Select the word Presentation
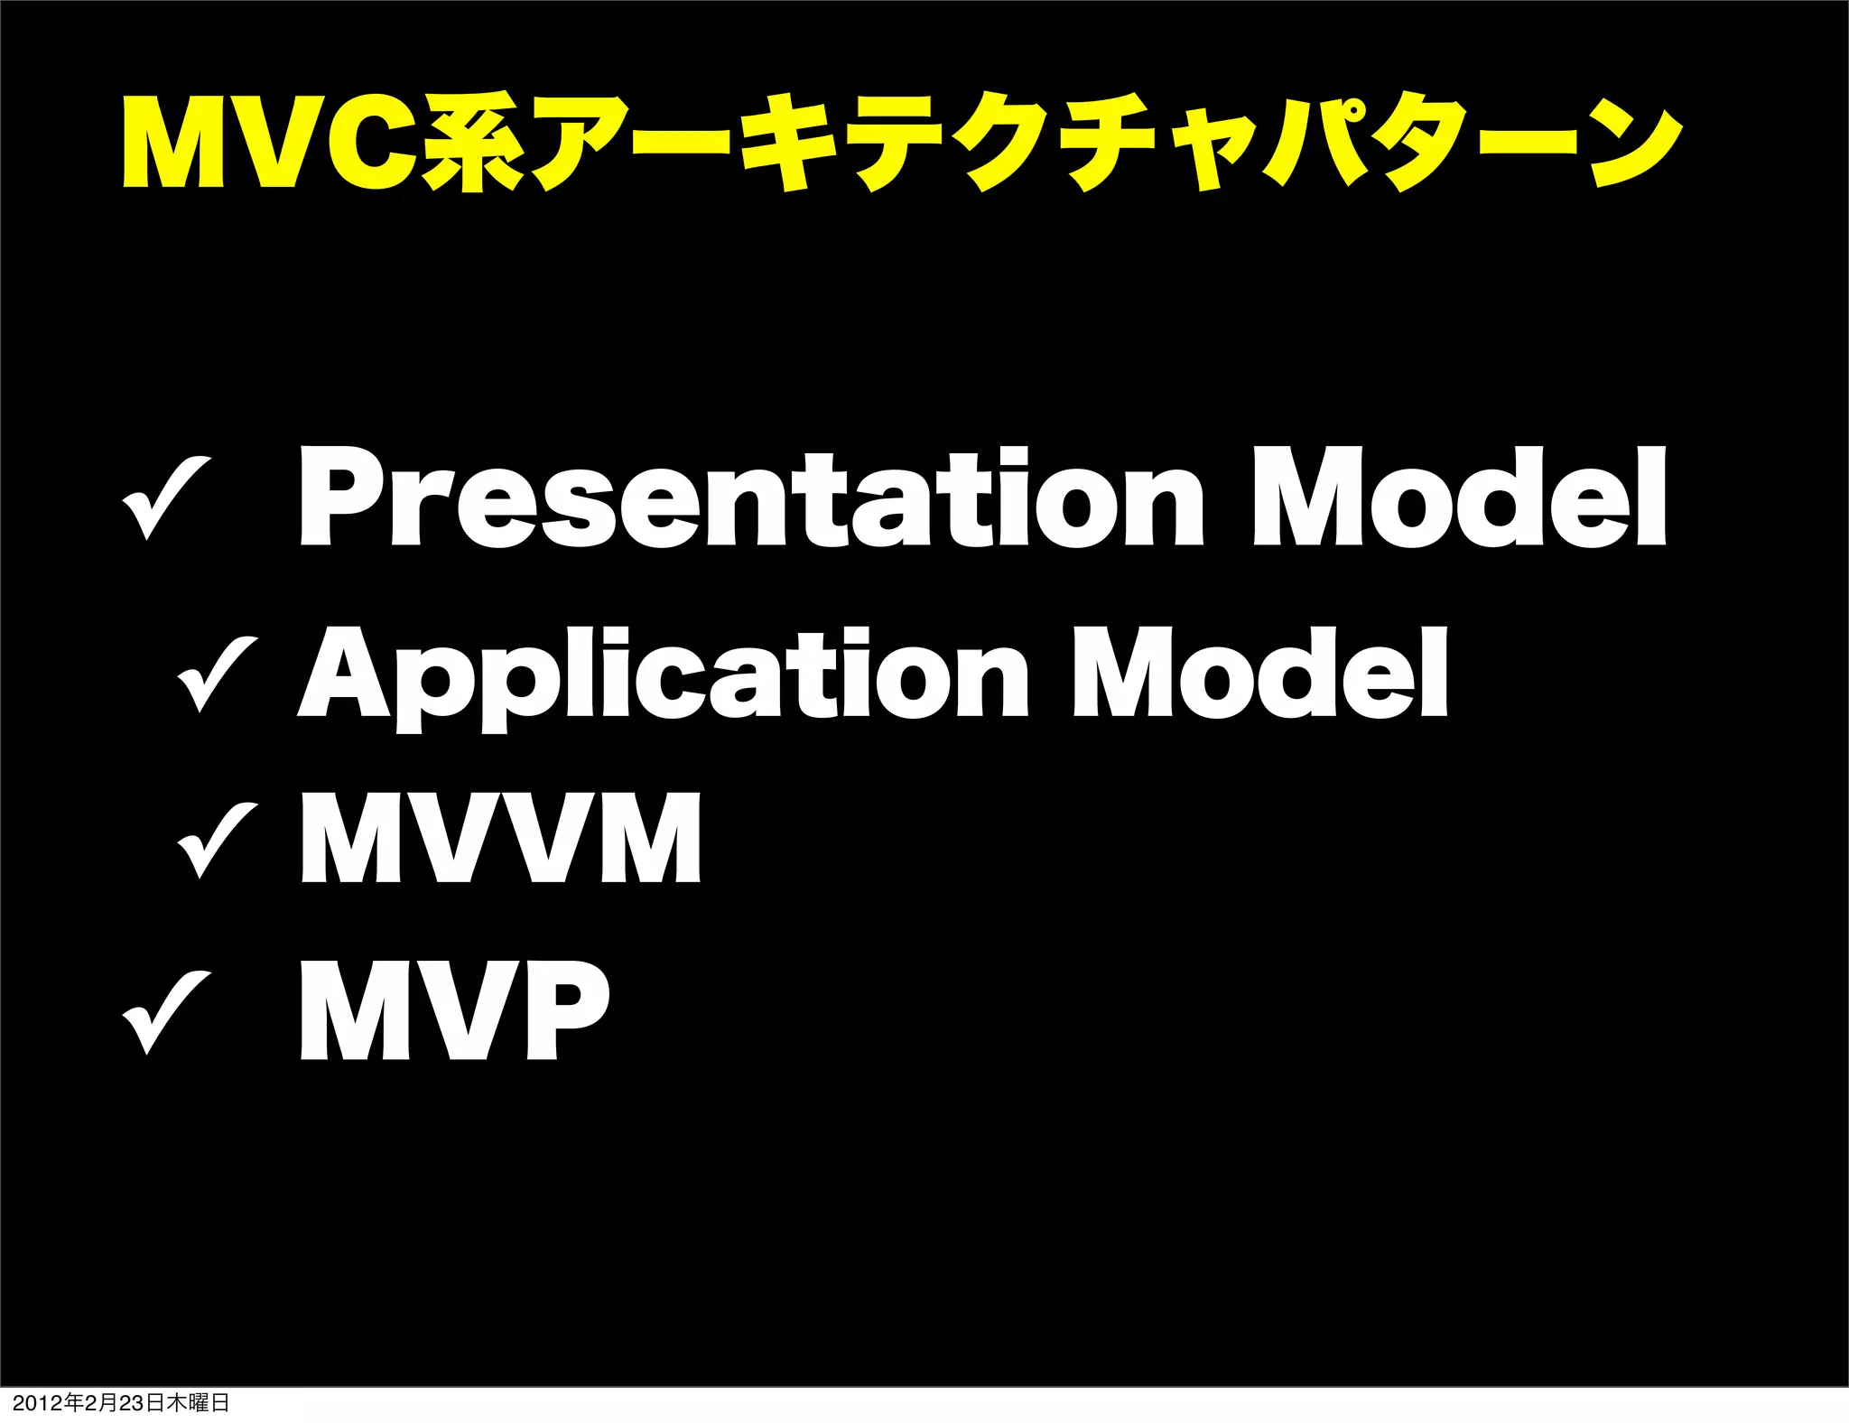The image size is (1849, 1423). pos(749,499)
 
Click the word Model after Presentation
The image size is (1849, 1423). pos(1459,499)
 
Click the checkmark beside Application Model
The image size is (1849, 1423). pos(218,672)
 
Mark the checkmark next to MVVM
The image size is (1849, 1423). pos(218,840)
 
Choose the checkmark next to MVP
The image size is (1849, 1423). pos(167,1010)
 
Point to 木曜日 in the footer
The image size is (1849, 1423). pos(198,1403)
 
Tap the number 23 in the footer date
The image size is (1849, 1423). pos(132,1403)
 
